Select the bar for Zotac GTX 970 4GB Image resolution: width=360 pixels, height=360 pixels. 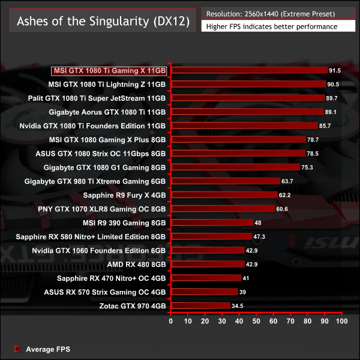(x=200, y=306)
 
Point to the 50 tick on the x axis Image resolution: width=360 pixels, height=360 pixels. (x=257, y=322)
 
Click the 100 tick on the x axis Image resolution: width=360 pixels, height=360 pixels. (x=342, y=322)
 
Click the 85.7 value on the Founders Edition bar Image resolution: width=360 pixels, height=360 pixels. (x=325, y=126)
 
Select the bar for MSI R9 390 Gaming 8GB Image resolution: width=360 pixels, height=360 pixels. (x=212, y=223)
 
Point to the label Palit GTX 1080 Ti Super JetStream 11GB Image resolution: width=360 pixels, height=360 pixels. (x=97, y=98)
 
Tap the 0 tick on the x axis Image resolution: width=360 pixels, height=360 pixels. (x=171, y=322)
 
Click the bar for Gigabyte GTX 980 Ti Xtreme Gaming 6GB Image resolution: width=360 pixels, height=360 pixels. (x=226, y=181)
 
